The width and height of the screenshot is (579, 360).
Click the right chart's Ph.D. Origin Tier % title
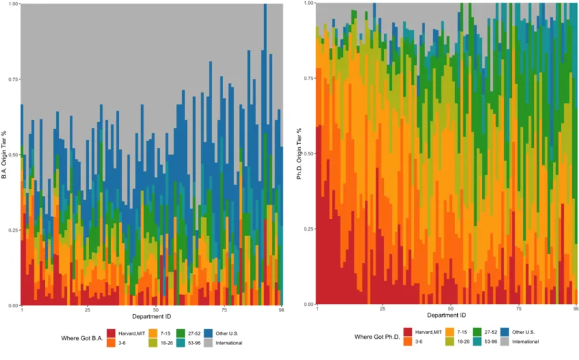coord(300,154)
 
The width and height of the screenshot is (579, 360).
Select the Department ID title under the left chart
coord(152,316)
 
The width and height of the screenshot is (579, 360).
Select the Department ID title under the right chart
coord(447,316)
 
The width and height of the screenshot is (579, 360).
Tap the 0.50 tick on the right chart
coord(308,154)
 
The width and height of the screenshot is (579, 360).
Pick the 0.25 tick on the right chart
coord(308,229)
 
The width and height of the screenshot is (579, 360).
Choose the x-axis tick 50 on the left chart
coord(155,310)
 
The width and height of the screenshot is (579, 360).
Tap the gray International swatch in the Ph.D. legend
coord(504,341)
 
